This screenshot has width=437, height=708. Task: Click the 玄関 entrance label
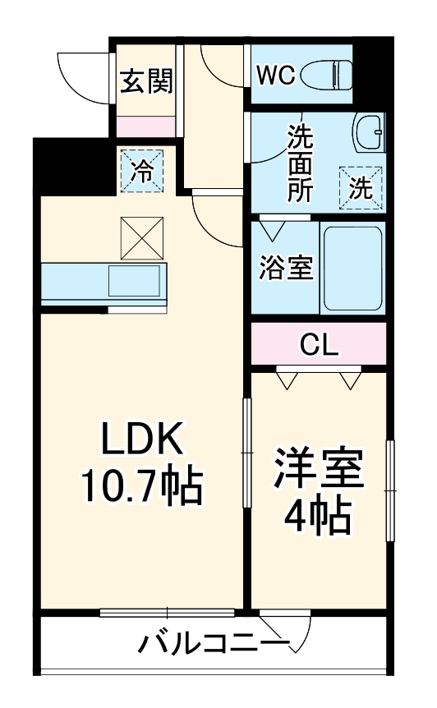click(146, 82)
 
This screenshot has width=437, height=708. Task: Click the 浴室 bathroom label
click(286, 269)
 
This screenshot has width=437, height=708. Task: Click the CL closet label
click(318, 344)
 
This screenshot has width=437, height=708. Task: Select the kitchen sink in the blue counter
click(137, 282)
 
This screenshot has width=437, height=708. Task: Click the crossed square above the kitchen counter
click(143, 237)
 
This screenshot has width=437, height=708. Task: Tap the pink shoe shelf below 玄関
click(145, 126)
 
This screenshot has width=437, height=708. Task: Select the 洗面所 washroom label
click(299, 163)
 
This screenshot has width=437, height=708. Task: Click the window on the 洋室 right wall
click(391, 490)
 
